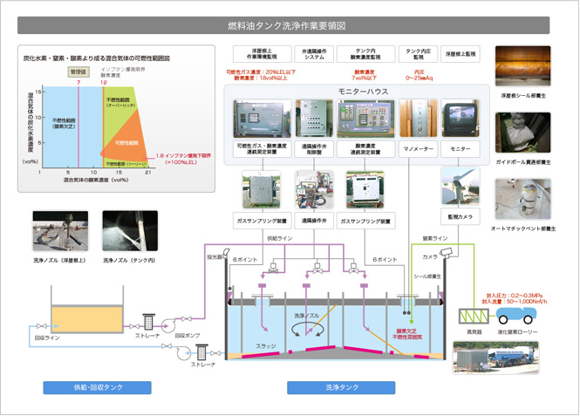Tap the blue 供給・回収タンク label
point(97,387)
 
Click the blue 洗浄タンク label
point(340,387)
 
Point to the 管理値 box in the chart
point(79,71)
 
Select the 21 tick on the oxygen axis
point(149,173)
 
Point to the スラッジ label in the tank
point(265,346)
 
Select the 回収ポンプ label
point(188,334)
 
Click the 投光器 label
point(215,257)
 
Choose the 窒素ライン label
point(434,237)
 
